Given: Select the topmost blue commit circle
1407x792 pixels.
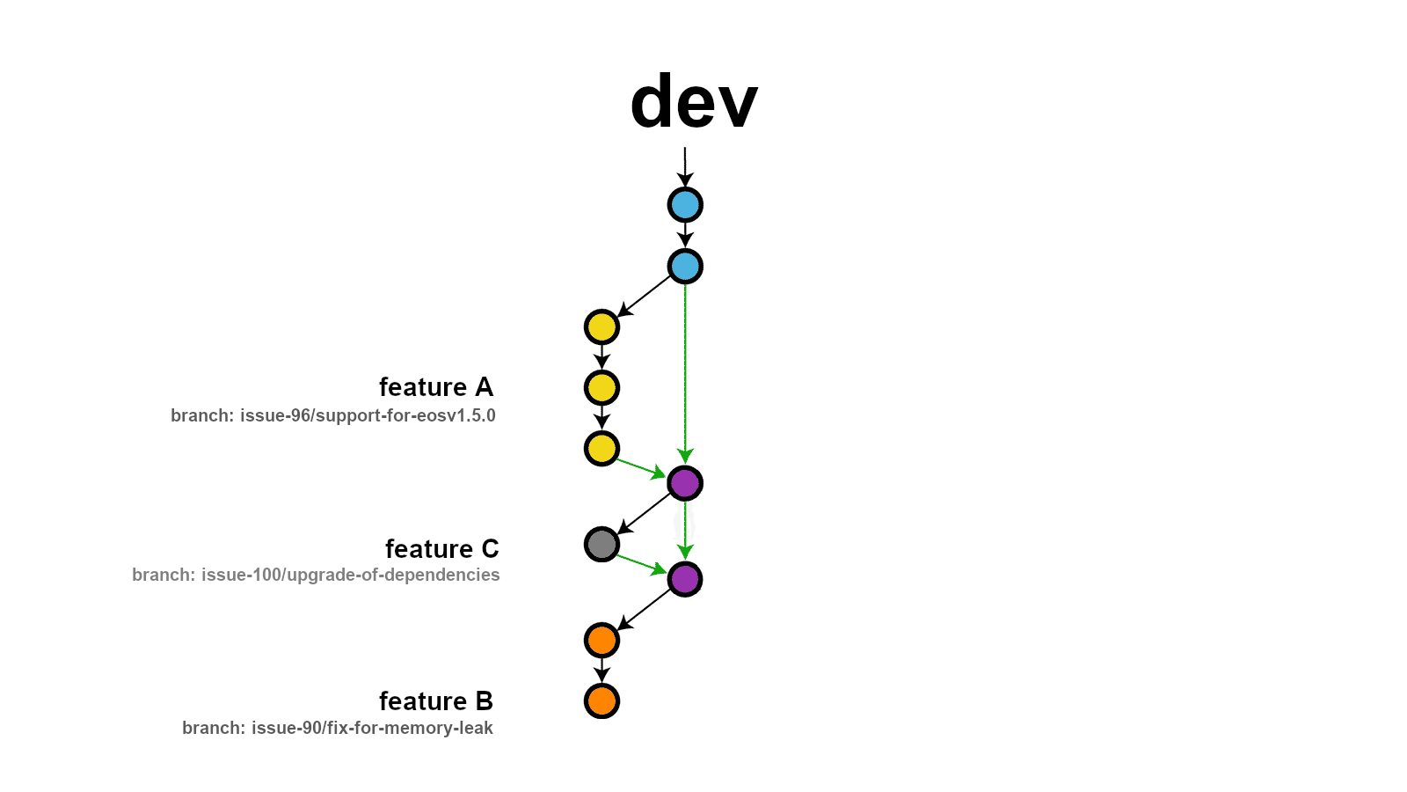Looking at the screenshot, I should (685, 205).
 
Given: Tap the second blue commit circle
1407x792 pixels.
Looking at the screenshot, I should (685, 267).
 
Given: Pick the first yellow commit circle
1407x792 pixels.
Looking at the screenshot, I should (601, 327).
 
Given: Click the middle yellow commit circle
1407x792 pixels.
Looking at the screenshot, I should (601, 388).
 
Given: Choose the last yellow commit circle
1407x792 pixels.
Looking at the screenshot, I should (601, 449).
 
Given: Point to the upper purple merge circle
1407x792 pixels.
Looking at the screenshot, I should (685, 483).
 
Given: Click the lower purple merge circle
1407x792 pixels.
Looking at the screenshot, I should (685, 579).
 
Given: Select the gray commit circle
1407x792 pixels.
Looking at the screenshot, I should (601, 544).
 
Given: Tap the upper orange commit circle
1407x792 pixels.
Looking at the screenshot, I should (601, 640).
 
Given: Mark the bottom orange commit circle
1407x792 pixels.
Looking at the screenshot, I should (601, 701).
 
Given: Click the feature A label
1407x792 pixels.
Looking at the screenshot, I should (436, 387).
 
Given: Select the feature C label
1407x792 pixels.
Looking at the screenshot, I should (441, 549).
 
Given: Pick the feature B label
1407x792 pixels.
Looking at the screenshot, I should (436, 701).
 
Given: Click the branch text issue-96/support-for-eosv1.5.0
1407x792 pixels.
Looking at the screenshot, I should (333, 415).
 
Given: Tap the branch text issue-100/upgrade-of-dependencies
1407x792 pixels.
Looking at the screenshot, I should (316, 575).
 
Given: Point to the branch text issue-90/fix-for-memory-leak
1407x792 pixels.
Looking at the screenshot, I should (338, 728).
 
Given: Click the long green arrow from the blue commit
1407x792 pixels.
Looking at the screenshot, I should (685, 370).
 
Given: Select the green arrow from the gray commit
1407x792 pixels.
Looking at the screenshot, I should (640, 564).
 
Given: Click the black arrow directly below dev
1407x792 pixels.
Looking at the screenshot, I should (685, 166).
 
